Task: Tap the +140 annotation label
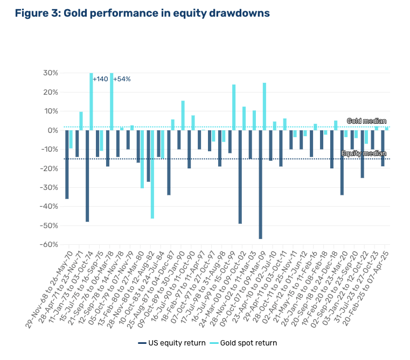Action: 100,79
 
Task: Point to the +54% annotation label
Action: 122,79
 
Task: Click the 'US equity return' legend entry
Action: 172,342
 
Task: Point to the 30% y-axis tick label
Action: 51,73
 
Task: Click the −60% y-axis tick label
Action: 49,244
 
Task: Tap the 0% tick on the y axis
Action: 53,130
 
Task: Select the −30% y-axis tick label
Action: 49,187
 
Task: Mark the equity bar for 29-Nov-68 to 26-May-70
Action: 67,164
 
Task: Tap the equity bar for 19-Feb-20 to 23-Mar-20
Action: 342,162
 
